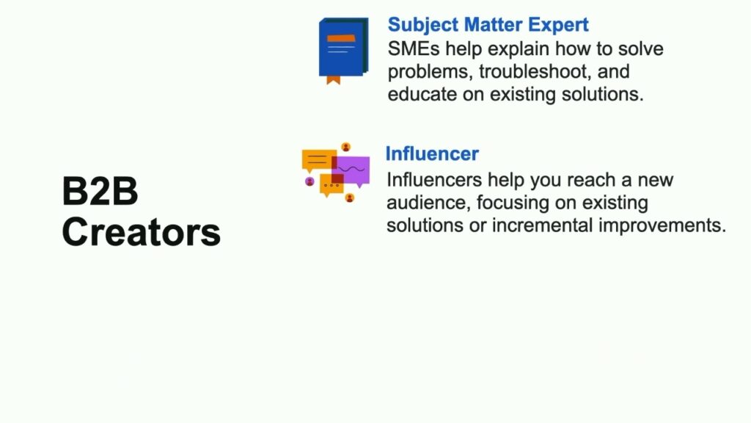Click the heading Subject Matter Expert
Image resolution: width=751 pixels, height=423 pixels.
488,25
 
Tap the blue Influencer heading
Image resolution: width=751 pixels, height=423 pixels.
432,153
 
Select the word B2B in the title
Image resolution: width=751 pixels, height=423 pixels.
100,191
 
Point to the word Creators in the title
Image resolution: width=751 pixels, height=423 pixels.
142,232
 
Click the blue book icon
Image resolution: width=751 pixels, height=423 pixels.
343,48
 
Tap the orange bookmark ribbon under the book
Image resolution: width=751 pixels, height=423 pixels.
334,80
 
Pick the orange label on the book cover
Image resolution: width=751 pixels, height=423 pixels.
341,38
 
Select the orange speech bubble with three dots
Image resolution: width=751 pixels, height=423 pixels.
331,185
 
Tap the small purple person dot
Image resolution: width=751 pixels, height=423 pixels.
310,181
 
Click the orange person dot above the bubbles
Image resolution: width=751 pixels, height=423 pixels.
346,147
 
